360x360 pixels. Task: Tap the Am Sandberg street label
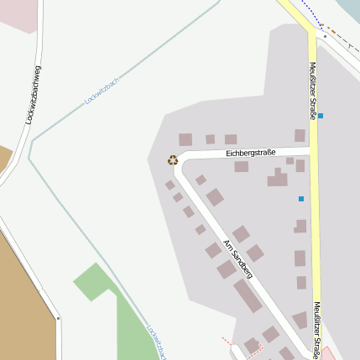coord(237,258)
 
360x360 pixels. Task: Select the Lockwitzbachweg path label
coord(34,95)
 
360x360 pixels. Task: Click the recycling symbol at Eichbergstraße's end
coord(173,159)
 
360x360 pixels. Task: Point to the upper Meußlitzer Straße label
coord(312,91)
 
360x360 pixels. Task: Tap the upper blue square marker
coord(320,115)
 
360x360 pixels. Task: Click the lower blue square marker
coord(301,199)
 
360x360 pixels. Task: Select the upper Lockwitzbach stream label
coord(103,90)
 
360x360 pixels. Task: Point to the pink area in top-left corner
coord(17,15)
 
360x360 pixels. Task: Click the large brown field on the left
coord(21,277)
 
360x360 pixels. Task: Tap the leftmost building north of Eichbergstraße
coord(185,140)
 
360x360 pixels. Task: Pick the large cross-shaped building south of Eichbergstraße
coord(278,178)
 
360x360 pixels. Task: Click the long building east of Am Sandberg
coord(248,296)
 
